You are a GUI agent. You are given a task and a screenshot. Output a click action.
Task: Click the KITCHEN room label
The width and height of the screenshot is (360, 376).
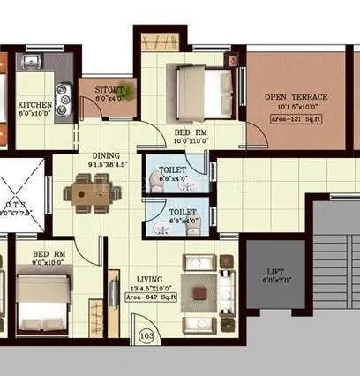[35, 104]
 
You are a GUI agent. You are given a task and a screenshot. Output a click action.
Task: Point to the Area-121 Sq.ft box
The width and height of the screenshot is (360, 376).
[295, 116]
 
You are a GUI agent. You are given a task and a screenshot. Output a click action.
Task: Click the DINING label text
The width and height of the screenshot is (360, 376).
[107, 154]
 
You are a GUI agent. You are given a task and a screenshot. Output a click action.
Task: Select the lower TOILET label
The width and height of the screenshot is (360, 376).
[182, 212]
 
